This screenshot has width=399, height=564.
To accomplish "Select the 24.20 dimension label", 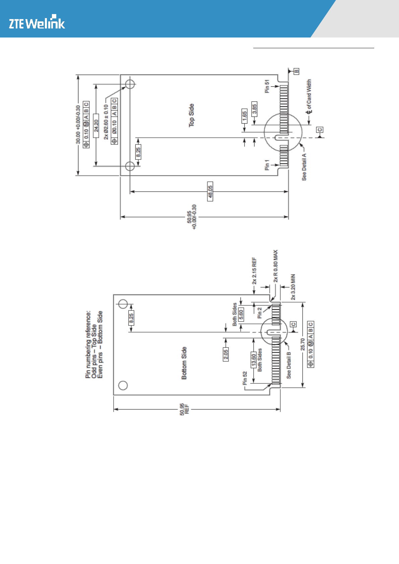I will pyautogui.click(x=96, y=126).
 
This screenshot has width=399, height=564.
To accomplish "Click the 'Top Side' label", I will pyautogui.click(x=191, y=115).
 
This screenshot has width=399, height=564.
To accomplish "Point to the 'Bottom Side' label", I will pyautogui.click(x=184, y=363).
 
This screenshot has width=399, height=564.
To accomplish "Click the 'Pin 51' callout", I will pyautogui.click(x=267, y=86).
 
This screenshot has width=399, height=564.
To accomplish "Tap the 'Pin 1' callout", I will pyautogui.click(x=267, y=165).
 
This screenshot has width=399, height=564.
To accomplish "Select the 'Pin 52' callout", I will pyautogui.click(x=245, y=378).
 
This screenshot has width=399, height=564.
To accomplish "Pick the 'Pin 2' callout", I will pyautogui.click(x=259, y=313).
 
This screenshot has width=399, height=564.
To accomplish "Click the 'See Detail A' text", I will pyautogui.click(x=304, y=167).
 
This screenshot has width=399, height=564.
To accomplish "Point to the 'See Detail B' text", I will pyautogui.click(x=289, y=365).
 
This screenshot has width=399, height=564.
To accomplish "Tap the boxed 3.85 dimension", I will pyautogui.click(x=254, y=110).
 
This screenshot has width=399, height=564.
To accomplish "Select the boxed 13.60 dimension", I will pyautogui.click(x=254, y=359).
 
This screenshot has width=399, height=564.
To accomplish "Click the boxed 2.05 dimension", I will pyautogui.click(x=226, y=354).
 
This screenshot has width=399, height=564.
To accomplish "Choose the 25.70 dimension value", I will pyautogui.click(x=303, y=345).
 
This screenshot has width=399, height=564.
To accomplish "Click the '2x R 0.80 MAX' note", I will pyautogui.click(x=276, y=266).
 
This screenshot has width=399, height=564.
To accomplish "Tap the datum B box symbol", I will pyautogui.click(x=296, y=71).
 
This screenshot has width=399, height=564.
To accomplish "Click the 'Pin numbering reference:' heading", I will pyautogui.click(x=88, y=345).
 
